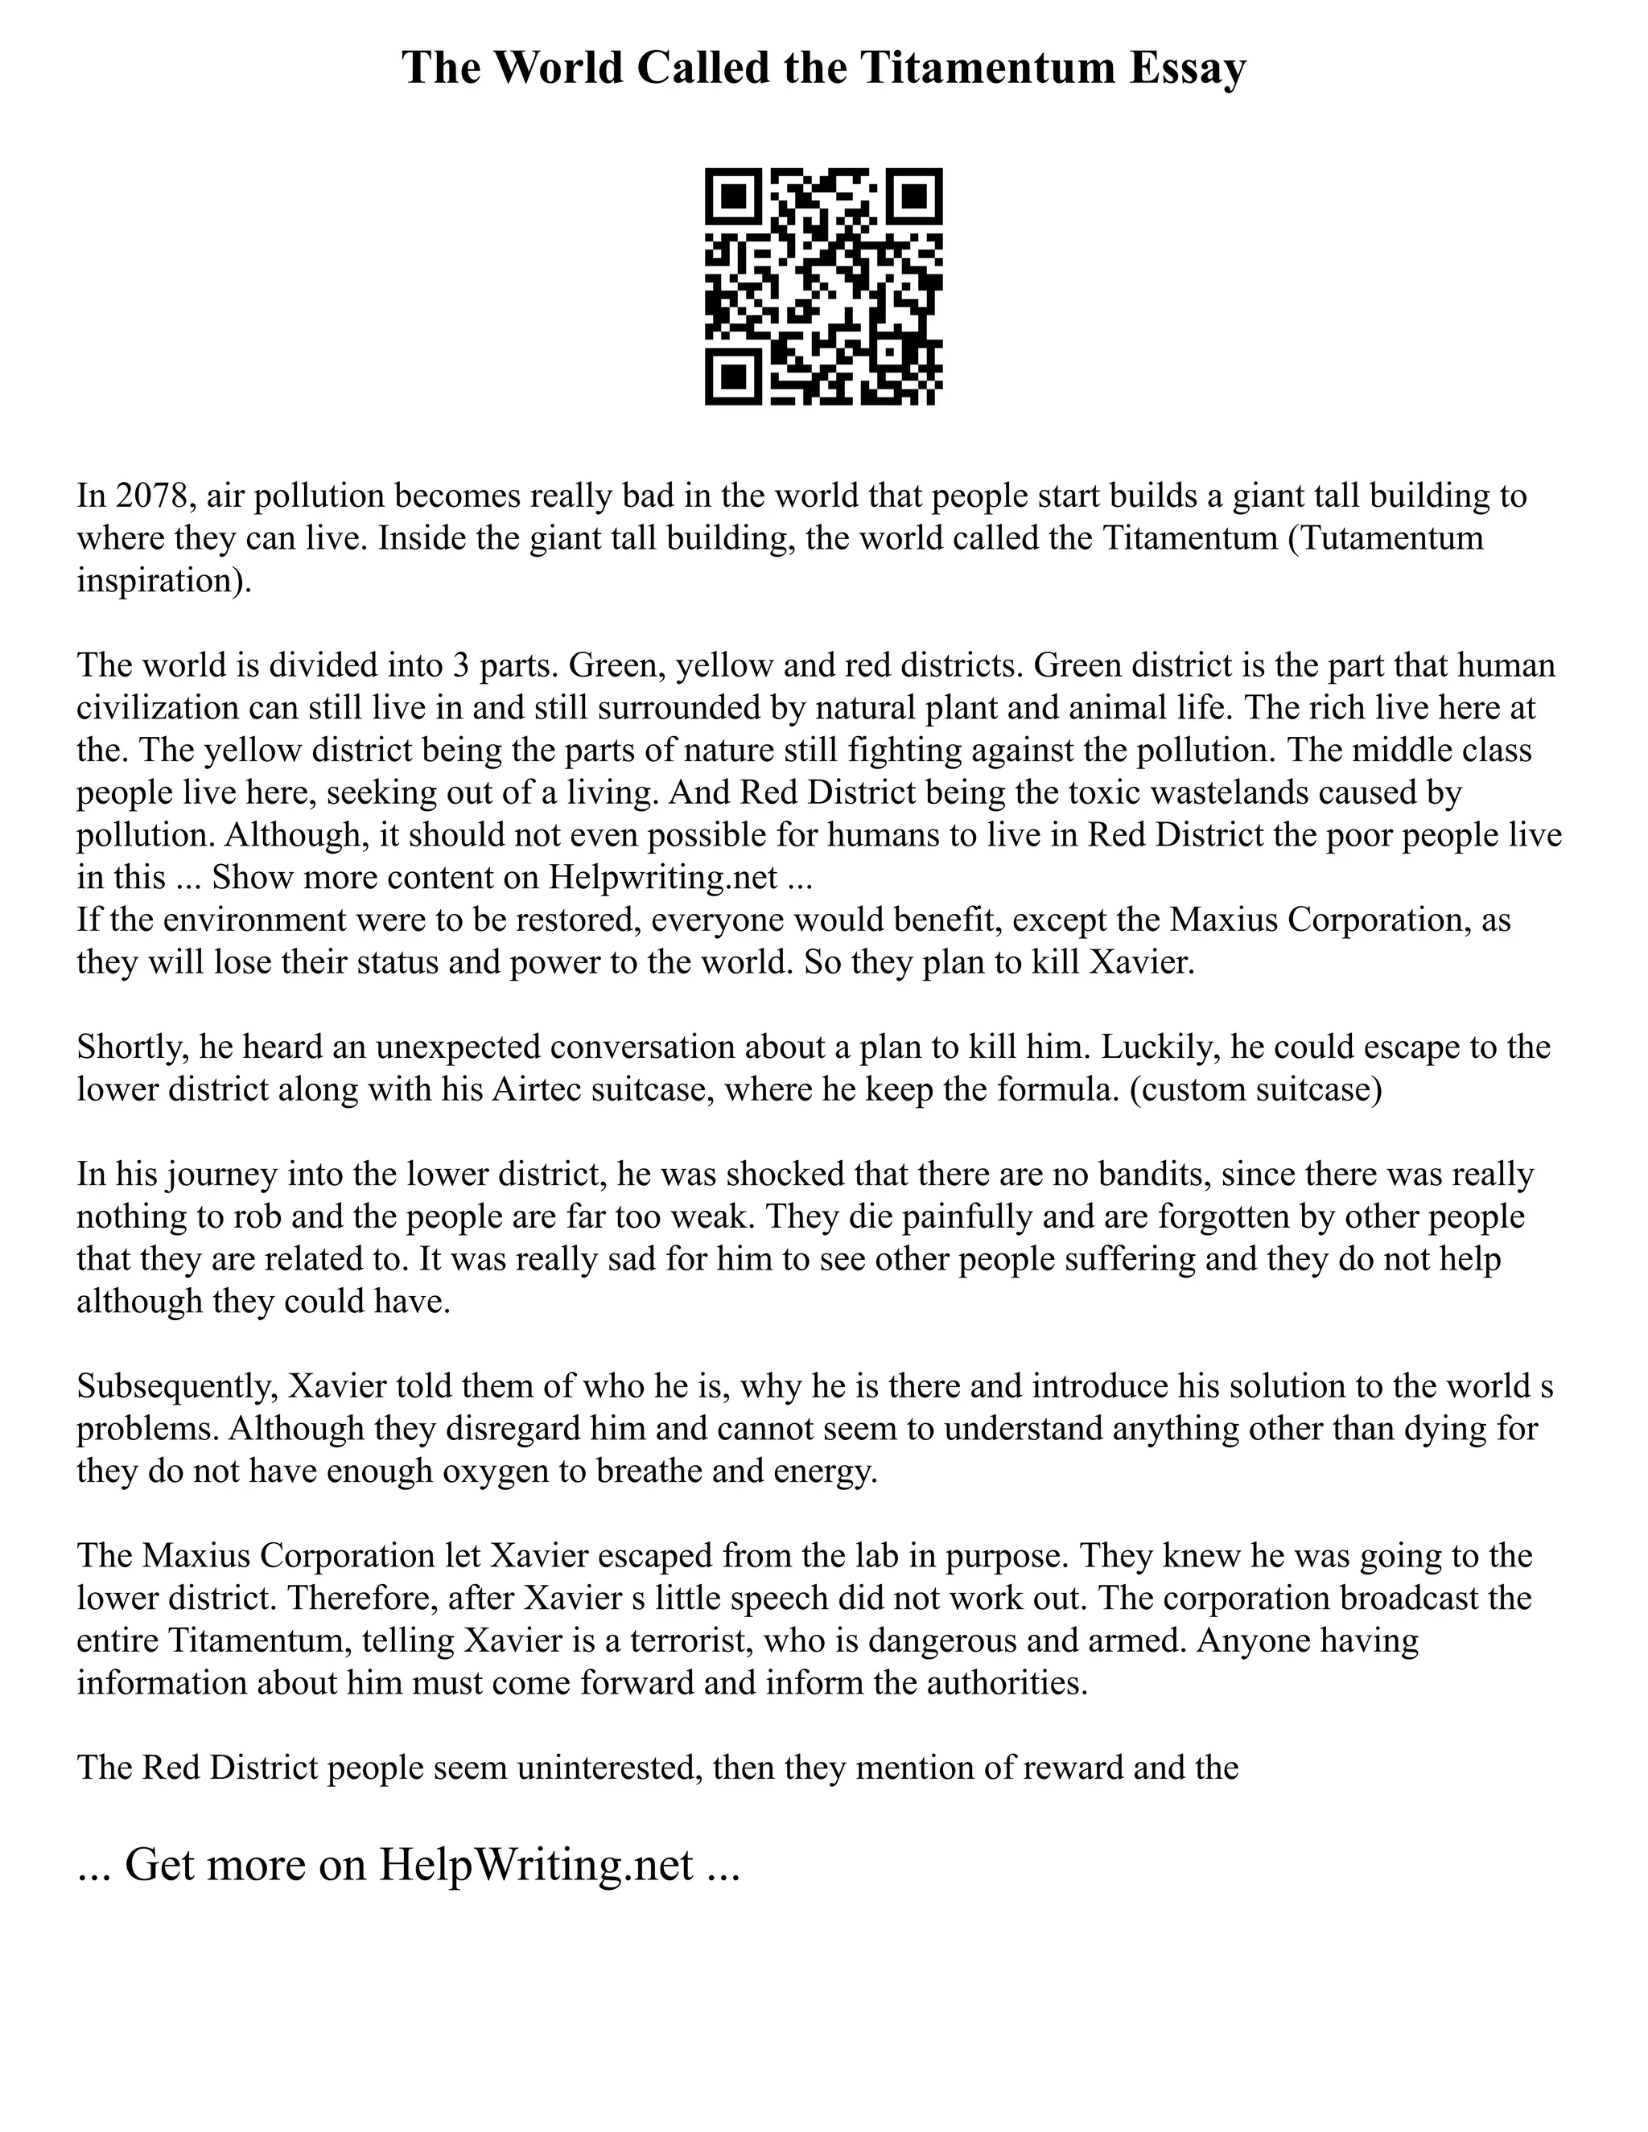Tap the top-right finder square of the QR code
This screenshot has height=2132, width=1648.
[915, 196]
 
